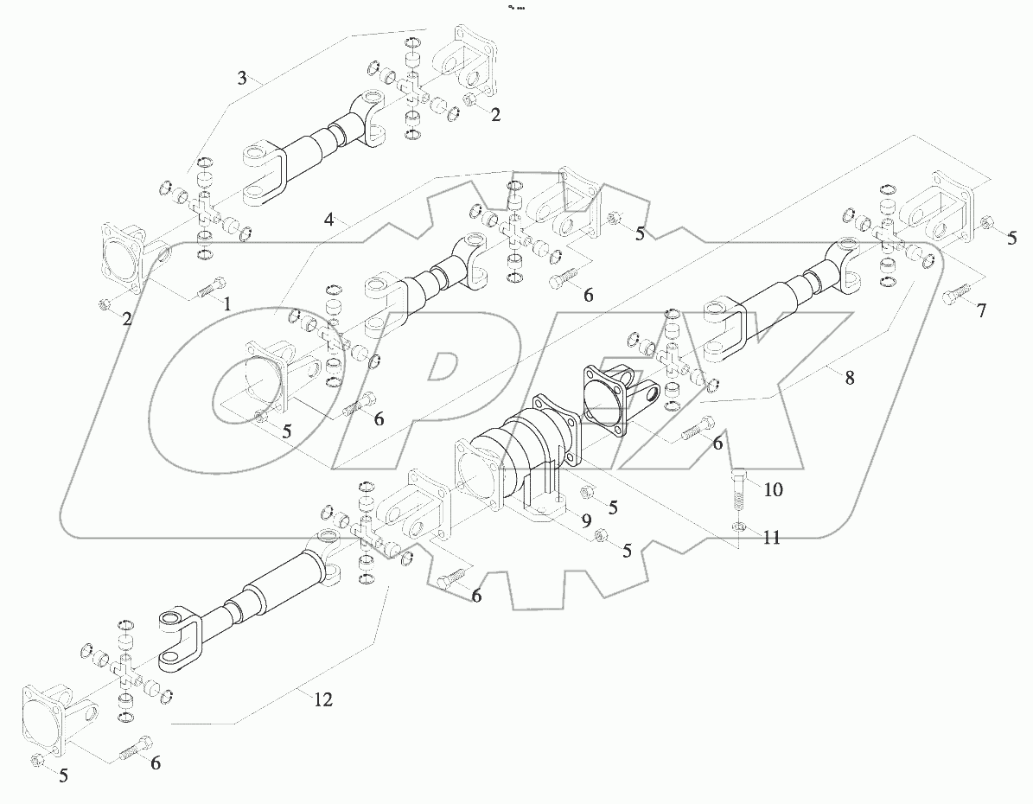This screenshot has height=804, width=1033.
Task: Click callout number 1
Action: [227, 303]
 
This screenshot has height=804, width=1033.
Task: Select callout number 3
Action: [243, 78]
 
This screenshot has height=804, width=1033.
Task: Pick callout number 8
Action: [850, 377]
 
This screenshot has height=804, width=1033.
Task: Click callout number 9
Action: [585, 520]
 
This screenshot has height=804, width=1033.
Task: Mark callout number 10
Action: [773, 489]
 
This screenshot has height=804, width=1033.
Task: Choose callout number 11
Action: [771, 537]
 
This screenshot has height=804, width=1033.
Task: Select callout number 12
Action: [322, 699]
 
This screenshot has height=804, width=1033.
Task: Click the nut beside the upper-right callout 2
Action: [471, 102]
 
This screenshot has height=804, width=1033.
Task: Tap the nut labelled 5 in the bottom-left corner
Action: [37, 760]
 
